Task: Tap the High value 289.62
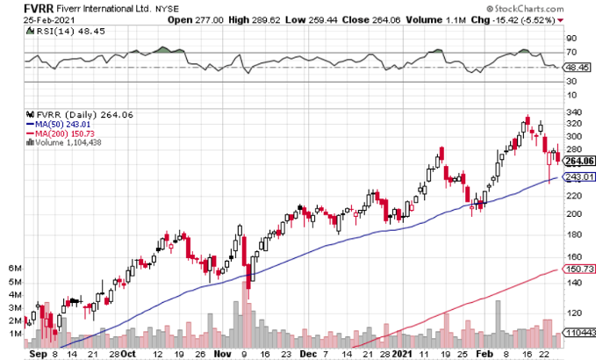point(330,20)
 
